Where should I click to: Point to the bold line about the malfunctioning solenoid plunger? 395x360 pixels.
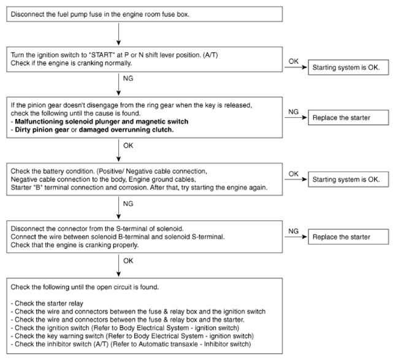[x=99, y=121]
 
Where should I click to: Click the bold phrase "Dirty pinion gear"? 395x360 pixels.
[x=42, y=130]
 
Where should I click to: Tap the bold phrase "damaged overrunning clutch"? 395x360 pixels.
[x=126, y=130]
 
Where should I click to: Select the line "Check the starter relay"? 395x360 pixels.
[x=47, y=304]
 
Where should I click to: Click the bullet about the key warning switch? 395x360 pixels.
[x=132, y=336]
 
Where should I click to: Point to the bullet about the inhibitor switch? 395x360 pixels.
[x=131, y=344]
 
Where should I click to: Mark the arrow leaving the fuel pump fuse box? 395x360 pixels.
[x=118, y=34]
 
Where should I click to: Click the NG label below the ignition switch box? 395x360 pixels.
[x=128, y=79]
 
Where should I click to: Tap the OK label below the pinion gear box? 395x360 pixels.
[x=128, y=145]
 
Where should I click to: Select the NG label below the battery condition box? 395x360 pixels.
[x=128, y=204]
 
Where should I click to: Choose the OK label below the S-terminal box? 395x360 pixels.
[x=128, y=261]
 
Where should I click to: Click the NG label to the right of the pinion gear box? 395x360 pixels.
[x=293, y=112]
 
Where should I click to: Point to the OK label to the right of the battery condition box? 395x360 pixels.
[x=293, y=174]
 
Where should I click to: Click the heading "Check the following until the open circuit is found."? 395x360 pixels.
[x=85, y=287]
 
